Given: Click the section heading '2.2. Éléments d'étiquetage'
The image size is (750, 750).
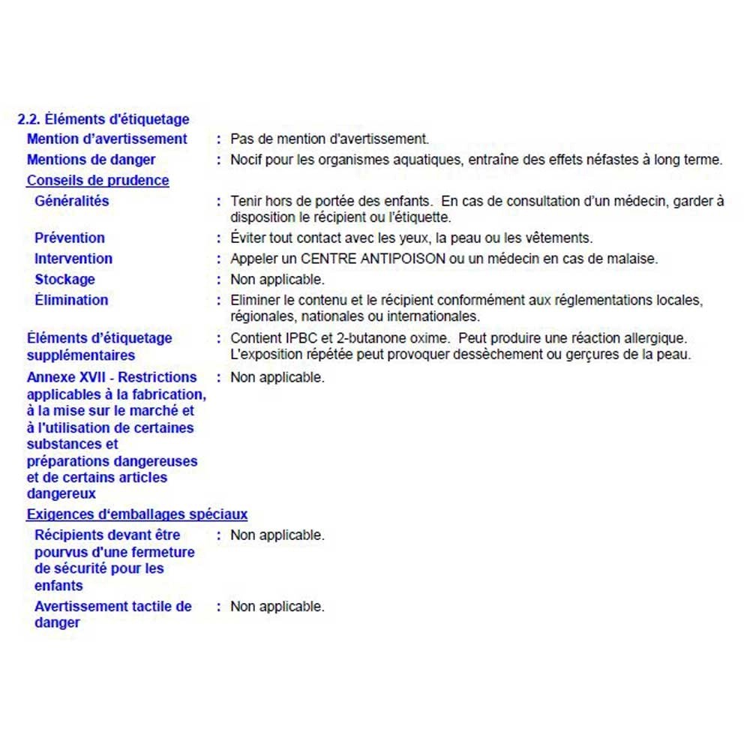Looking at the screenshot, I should click(103, 119).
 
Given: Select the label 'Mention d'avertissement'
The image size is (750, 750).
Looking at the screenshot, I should click(107, 139).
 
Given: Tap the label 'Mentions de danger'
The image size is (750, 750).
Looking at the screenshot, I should click(91, 160).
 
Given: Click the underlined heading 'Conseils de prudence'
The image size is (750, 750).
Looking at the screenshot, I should click(98, 181).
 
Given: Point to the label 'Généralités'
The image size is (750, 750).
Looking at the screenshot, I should click(72, 201).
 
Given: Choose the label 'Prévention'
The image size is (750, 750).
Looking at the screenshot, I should click(70, 238).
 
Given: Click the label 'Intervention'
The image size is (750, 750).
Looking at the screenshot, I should click(73, 259).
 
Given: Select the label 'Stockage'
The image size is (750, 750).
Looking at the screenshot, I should click(65, 280).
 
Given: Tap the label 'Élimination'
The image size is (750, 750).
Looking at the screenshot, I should click(71, 300).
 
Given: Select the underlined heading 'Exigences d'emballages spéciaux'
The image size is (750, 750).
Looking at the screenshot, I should click(137, 514).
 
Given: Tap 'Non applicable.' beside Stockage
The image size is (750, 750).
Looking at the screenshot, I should click(277, 280).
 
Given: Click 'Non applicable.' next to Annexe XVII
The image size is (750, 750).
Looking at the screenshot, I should click(277, 377).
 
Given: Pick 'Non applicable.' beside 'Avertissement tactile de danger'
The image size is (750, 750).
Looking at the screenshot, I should click(277, 607).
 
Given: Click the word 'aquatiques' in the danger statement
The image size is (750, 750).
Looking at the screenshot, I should click(418, 160).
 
